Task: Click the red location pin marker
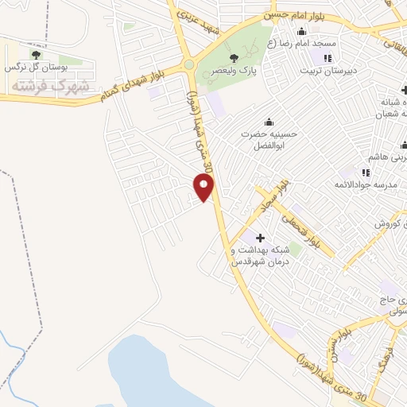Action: pos(204,188)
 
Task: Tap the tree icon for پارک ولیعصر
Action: pos(234,58)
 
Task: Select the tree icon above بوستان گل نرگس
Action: pos(34,55)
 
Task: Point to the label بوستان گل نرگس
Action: pos(35,68)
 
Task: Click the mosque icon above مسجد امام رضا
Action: pos(300,31)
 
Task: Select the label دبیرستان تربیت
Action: pos(326,70)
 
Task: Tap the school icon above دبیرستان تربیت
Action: pos(327,57)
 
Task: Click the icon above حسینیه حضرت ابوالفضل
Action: pos(269,122)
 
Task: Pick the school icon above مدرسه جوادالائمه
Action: pos(366,172)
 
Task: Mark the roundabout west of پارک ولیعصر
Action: pos(189,64)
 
